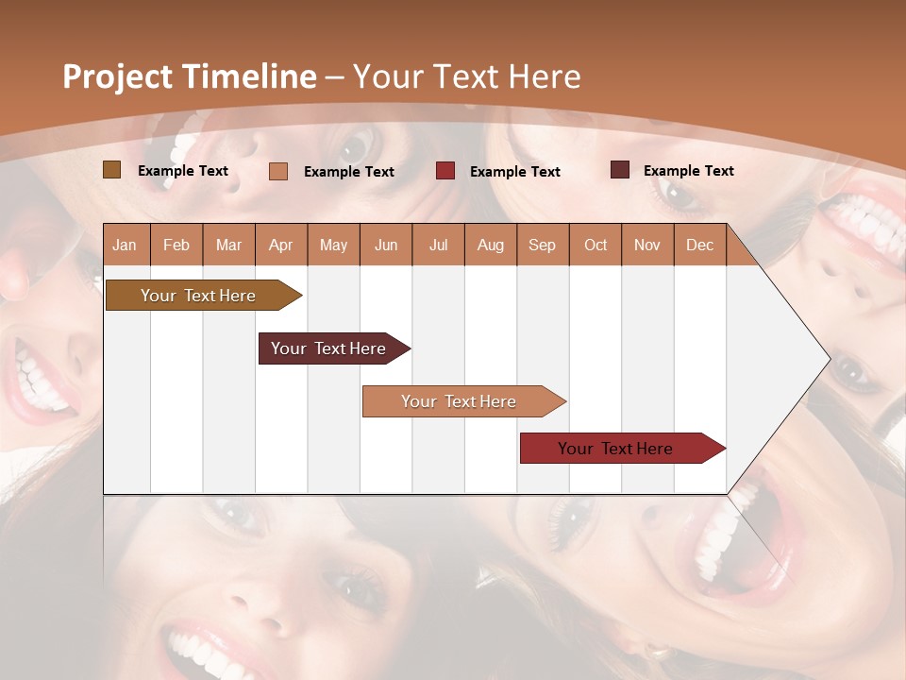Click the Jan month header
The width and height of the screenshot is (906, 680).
(125, 245)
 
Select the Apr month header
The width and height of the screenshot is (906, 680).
(280, 245)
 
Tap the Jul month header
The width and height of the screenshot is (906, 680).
(438, 245)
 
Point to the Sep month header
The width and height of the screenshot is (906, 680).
(542, 245)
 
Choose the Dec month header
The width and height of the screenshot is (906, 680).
(699, 245)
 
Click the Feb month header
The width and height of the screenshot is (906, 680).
(176, 245)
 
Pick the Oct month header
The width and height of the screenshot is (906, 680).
(596, 245)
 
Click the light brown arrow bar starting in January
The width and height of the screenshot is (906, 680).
(199, 296)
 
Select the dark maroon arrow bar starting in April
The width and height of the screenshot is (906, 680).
(329, 348)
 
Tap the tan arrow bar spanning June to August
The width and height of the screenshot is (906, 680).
(460, 401)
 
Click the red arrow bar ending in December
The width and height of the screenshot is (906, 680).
(616, 449)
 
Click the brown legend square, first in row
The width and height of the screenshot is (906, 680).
(112, 170)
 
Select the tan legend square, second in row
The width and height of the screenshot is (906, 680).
(278, 171)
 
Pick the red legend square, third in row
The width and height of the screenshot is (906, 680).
(445, 171)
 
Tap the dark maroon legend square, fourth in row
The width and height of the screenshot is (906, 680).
(620, 170)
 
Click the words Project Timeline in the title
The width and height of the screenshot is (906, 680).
(190, 76)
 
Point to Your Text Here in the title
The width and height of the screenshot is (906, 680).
(466, 76)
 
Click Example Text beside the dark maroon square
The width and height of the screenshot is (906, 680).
(688, 170)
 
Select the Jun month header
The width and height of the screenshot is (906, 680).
(386, 245)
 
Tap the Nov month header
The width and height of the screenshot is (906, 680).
(647, 245)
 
